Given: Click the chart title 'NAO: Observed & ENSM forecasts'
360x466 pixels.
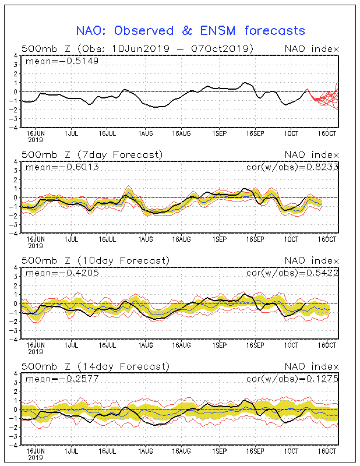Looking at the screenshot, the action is (x=190, y=31).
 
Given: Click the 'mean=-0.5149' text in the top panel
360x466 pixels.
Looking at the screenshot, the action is (x=62, y=61).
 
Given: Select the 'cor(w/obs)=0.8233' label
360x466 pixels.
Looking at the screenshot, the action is (x=292, y=167).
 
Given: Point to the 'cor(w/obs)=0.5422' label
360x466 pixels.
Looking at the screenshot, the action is (x=292, y=273).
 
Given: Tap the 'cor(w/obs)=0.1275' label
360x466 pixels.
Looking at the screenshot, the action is (x=292, y=379).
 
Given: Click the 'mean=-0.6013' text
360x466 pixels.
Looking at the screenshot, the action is (x=62, y=167).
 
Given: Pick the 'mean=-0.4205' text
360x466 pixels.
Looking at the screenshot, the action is (x=62, y=273).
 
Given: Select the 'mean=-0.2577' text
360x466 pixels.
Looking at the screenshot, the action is (x=62, y=379).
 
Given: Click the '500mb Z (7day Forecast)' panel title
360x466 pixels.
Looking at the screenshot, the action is (x=92, y=155).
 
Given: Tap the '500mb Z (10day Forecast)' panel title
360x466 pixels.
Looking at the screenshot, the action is (x=96, y=260).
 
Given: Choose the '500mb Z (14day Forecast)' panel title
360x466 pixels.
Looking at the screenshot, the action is (x=96, y=366).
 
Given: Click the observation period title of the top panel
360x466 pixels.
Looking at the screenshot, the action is (x=137, y=48).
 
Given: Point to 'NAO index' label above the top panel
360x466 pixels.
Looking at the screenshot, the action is (x=312, y=49).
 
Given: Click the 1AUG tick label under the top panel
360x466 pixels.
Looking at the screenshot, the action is (x=146, y=134).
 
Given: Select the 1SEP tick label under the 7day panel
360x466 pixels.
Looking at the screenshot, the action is (x=220, y=239).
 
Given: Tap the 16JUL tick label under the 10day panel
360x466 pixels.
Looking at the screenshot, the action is (x=107, y=345).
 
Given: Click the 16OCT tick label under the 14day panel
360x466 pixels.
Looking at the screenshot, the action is (x=327, y=451).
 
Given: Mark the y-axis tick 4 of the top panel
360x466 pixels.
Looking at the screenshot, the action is (x=16, y=55).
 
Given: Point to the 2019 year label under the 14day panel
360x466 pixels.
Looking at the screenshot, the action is (x=36, y=458).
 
